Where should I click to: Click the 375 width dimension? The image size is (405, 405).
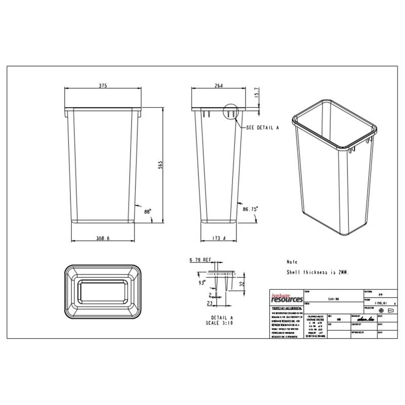point(103,86)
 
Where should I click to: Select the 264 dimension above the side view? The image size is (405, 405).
point(219,86)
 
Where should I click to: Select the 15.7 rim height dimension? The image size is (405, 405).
point(256,93)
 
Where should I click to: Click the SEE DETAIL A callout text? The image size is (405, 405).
point(262,128)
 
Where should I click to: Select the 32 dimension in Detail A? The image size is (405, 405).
point(241,285)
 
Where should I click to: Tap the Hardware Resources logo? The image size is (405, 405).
point(286,298)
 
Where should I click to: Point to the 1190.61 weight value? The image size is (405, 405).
point(381,303)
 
